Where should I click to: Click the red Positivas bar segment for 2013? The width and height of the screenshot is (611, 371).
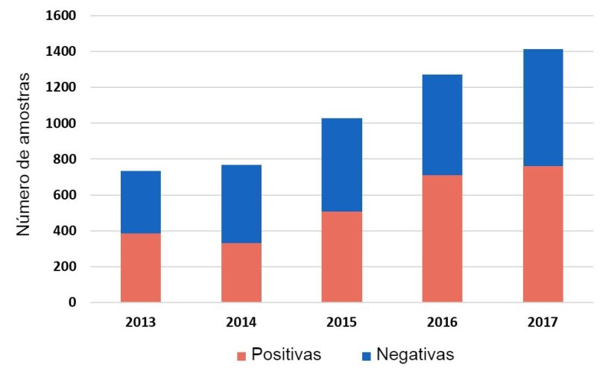pos(140,268)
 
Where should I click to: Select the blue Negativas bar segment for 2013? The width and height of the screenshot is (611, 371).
pos(140,202)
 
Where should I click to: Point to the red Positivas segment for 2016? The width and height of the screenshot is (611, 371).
pos(442,238)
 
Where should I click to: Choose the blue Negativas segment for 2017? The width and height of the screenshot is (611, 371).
pos(542,107)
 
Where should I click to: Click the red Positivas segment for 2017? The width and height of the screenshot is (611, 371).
pos(542,234)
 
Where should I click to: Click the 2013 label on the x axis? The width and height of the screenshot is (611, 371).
pos(140,323)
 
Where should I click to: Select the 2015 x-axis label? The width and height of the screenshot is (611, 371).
pos(341,323)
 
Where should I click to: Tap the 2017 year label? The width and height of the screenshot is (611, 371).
pos(542,323)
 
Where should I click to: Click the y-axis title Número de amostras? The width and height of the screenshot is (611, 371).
pos(24,154)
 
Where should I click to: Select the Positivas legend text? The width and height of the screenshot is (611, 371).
pos(287,354)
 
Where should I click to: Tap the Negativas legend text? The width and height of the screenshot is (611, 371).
pos(415,354)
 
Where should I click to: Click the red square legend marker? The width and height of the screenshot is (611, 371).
pos(241,355)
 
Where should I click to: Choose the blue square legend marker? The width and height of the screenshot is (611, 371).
pos(367,355)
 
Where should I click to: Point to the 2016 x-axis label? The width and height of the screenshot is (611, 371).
pos(442,323)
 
